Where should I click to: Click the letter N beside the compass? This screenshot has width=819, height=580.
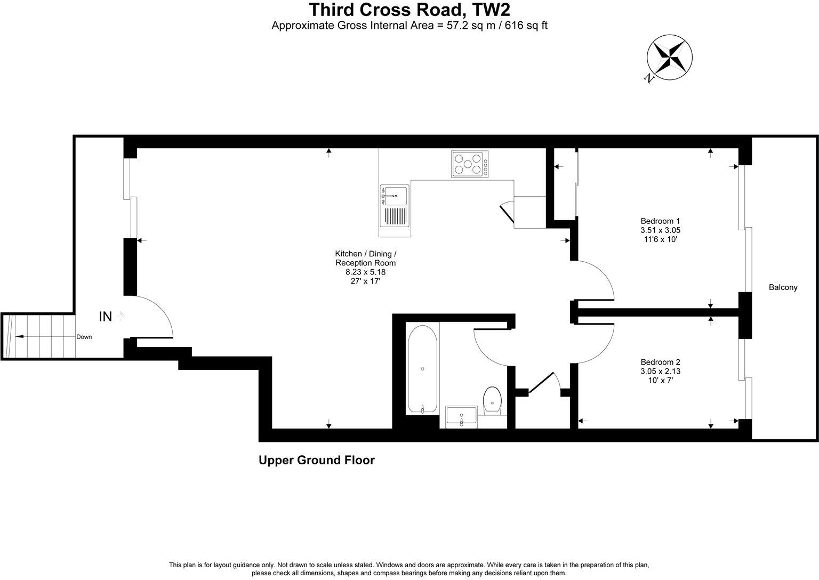click(x=649, y=78)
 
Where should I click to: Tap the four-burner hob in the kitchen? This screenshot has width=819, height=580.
click(x=470, y=164)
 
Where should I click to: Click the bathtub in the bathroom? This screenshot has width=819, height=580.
click(x=422, y=368)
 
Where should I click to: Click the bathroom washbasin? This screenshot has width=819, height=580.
click(x=461, y=416)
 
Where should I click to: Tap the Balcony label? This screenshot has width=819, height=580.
click(x=783, y=287)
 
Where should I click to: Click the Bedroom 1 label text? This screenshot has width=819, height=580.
click(x=660, y=221)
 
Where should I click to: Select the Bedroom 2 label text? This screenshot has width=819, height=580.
click(x=660, y=361)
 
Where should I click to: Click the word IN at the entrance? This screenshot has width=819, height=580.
click(x=106, y=317)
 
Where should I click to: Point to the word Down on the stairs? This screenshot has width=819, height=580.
click(x=84, y=337)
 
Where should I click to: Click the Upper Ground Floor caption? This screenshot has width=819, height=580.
click(x=316, y=460)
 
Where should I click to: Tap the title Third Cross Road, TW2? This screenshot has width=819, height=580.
click(x=409, y=10)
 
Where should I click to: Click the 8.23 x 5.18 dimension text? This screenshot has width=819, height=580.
click(x=365, y=271)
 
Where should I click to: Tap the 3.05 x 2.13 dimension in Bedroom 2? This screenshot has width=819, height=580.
click(x=660, y=371)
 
